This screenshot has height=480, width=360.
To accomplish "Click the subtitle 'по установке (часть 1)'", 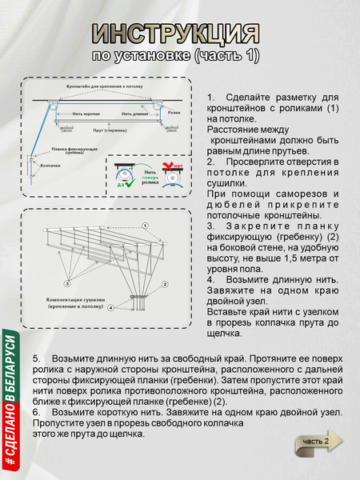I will click(176, 55).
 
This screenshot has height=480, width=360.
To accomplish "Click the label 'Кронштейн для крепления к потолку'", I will click(106, 86).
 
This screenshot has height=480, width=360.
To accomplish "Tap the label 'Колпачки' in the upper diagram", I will click(50, 166).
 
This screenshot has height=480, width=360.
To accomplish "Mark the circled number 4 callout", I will click(110, 308).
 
